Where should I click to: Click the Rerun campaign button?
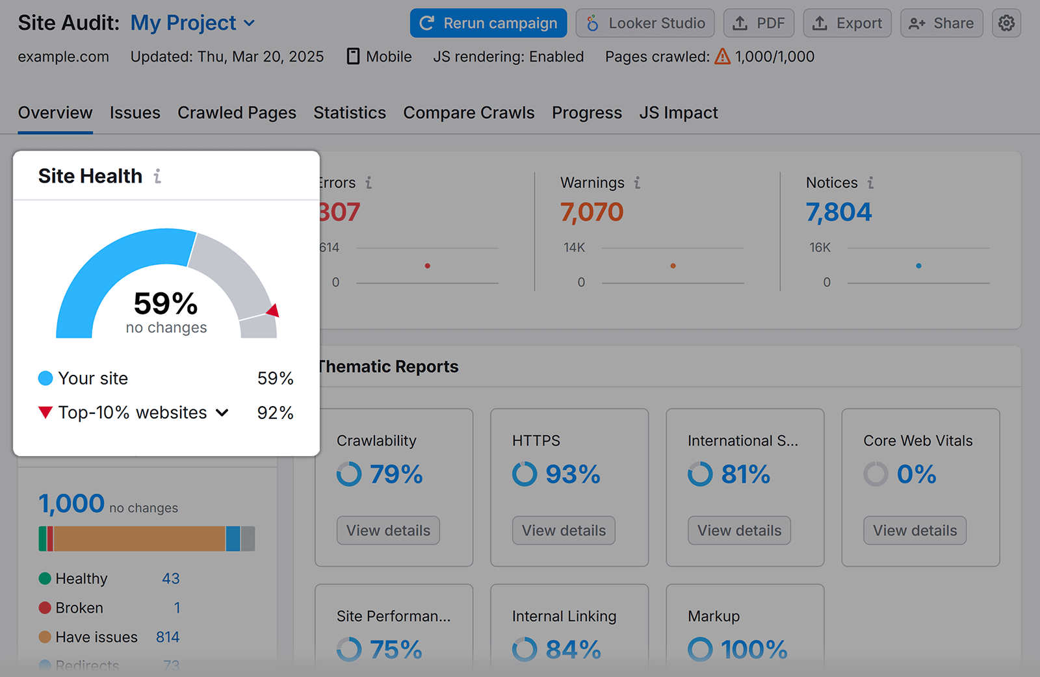pos(488,23)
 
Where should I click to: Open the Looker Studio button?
pos(645,23)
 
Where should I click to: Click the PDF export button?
pos(759,23)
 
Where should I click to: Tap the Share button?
pos(941,23)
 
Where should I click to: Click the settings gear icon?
pos(1006,23)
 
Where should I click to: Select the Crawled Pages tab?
pos(237,113)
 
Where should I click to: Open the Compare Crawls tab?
pos(469,113)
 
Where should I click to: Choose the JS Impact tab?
pos(678,113)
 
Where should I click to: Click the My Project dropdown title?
pos(192,23)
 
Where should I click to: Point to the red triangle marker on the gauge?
pos(274,311)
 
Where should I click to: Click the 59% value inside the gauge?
pos(166,303)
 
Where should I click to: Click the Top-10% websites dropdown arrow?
pos(222,413)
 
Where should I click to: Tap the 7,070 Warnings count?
pos(591,212)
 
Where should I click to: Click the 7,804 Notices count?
pos(838,212)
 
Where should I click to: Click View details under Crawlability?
pos(388,530)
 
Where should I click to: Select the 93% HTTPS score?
pos(572,474)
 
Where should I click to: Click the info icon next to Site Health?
pos(157,176)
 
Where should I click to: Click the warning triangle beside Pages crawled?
pos(722,57)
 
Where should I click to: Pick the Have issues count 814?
pos(168,637)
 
